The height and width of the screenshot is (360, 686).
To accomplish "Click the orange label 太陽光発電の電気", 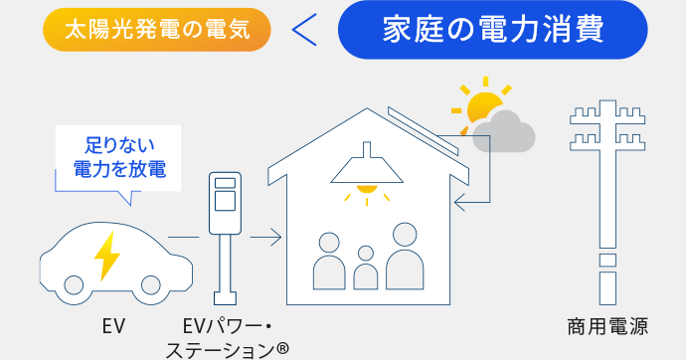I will [157, 30].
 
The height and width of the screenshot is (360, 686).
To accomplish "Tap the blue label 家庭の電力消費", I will [492, 30].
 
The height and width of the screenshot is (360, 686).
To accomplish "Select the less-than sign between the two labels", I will [305, 31].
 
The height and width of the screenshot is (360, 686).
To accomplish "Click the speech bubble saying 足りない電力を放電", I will [119, 157].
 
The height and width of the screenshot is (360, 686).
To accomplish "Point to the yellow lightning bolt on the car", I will [105, 257].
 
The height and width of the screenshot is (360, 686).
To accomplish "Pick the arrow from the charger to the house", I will [265, 238].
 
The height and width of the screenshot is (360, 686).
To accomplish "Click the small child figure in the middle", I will [366, 269].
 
